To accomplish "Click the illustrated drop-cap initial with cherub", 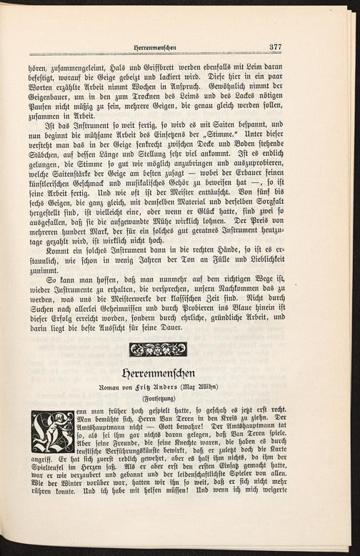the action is pyautogui.click(x=53, y=431).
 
